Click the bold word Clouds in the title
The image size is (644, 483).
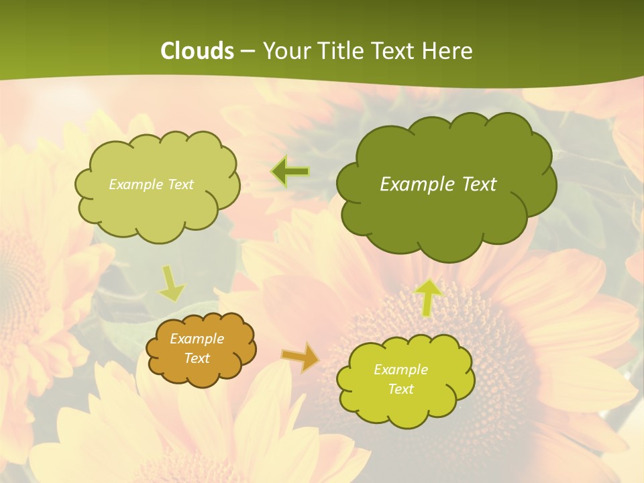(x=197, y=51)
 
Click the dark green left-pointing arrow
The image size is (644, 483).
(x=290, y=172)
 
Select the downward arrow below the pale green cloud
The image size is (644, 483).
(x=172, y=284)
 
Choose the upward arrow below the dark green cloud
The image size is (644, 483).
(x=428, y=297)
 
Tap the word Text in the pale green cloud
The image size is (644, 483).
(x=180, y=184)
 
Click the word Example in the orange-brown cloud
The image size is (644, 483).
(x=197, y=339)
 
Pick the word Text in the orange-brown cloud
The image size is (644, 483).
(x=197, y=358)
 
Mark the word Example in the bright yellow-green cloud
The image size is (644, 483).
(x=400, y=370)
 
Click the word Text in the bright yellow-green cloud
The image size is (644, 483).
(x=400, y=389)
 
